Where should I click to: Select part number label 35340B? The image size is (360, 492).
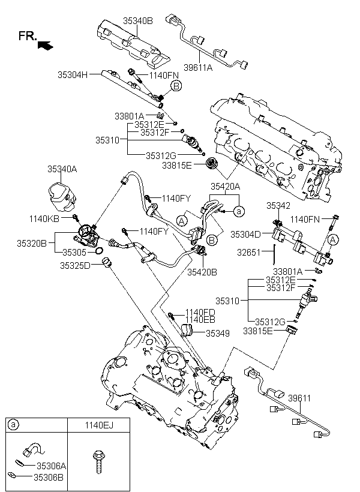pyautogui.click(x=138, y=20)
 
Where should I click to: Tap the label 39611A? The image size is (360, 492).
pyautogui.click(x=198, y=68)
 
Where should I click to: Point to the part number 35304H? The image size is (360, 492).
pyautogui.click(x=73, y=75)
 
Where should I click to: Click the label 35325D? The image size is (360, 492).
pyautogui.click(x=75, y=265)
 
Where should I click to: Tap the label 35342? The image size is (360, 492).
pyautogui.click(x=278, y=205)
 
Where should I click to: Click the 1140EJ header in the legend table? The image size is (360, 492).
pyautogui.click(x=98, y=425)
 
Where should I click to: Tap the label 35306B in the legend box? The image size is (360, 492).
pyautogui.click(x=49, y=478)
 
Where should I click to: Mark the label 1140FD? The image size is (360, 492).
pyautogui.click(x=199, y=312)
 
